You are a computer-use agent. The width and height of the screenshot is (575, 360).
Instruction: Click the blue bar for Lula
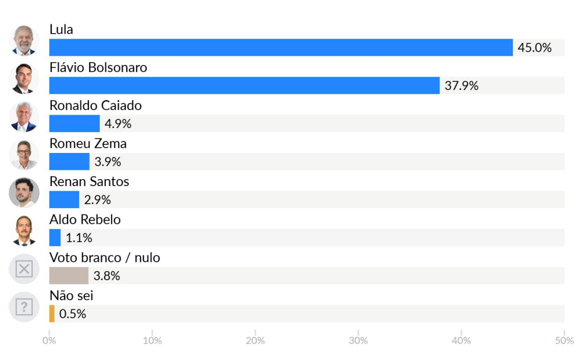tap(281, 48)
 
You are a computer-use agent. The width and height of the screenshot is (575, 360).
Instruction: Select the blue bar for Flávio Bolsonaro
tap(244, 85)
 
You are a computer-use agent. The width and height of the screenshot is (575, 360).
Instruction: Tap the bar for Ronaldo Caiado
tap(74, 123)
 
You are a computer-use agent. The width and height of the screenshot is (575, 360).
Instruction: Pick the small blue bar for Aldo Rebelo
tap(55, 237)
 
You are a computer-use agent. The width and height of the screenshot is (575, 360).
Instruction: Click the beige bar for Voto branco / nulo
tap(69, 276)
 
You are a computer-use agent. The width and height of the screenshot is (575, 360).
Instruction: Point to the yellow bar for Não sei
tap(52, 313)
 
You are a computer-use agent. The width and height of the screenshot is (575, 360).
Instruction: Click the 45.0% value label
tap(534, 48)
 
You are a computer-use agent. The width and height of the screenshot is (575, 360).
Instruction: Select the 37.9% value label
tap(462, 85)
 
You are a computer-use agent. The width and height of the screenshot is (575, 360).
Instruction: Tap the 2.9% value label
tap(97, 199)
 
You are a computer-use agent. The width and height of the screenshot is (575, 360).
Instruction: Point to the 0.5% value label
tap(73, 313)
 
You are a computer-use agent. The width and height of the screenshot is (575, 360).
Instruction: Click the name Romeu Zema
tap(88, 143)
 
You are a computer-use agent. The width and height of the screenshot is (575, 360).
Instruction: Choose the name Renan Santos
tap(89, 181)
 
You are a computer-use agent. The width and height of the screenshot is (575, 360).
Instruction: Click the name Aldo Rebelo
tap(85, 219)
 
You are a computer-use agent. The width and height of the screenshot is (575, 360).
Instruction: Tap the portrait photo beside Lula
tap(24, 41)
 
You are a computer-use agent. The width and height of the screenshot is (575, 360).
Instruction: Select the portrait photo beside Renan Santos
tap(24, 193)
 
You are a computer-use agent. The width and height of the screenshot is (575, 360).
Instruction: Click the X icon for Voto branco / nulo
tap(24, 269)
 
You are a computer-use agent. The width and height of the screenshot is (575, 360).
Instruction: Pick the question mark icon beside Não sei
tap(24, 306)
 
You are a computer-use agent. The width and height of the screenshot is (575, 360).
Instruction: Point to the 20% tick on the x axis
tap(255, 340)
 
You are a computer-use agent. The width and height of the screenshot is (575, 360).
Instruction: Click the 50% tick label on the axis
tap(563, 340)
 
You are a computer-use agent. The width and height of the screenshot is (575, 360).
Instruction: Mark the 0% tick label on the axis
tap(49, 340)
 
